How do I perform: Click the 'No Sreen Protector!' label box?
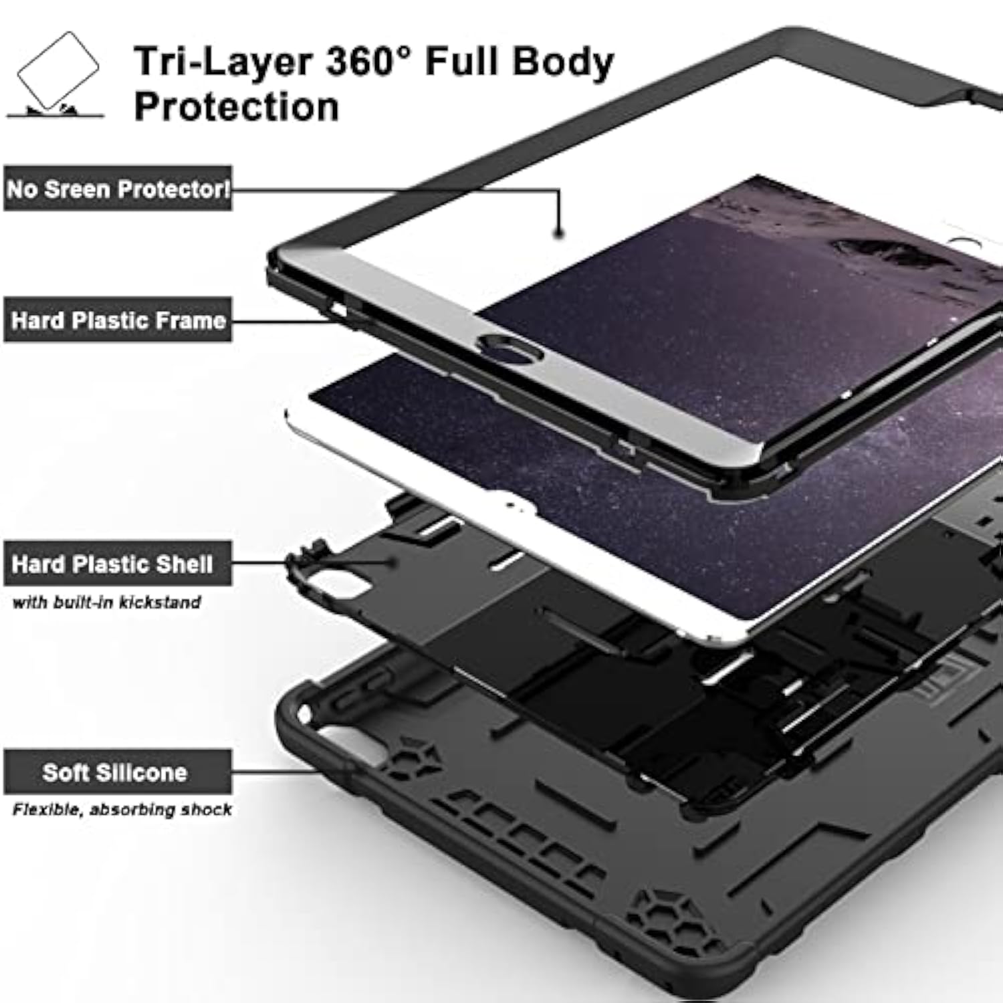(118, 189)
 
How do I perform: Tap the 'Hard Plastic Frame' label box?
(118, 320)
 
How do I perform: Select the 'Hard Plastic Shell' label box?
(118, 564)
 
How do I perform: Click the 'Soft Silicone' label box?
(118, 772)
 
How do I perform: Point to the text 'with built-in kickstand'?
(106, 602)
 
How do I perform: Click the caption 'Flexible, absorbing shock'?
(122, 810)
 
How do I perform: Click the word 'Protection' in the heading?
(237, 107)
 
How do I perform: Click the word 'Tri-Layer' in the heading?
(223, 62)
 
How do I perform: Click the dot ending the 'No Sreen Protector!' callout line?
(559, 233)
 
